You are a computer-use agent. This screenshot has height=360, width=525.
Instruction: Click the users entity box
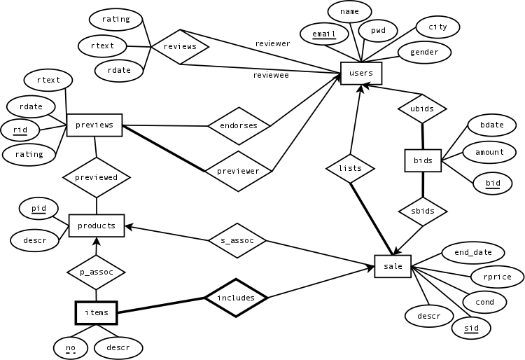coord(361,74)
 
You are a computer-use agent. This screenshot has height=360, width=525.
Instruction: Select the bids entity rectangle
coord(423,160)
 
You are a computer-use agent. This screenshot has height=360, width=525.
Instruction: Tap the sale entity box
coord(393,267)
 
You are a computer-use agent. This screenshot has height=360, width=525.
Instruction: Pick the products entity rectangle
coord(97,226)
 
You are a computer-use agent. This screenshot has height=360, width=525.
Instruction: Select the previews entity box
coord(94,125)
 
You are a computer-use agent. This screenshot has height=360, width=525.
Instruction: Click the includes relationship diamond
coord(236,298)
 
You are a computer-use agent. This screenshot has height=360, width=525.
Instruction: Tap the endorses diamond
coord(239,126)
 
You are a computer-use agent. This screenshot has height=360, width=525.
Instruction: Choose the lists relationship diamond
coord(350,168)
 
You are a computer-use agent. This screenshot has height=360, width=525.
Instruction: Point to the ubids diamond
coord(422,109)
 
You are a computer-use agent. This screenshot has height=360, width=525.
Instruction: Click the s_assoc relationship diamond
coord(237,240)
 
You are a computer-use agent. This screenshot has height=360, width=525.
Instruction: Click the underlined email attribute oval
coord(324,34)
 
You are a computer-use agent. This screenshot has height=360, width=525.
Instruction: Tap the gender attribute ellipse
coord(424,52)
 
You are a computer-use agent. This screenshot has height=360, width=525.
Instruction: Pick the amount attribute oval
coord(489,152)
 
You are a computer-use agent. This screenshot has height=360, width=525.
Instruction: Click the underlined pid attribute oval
coord(38,209)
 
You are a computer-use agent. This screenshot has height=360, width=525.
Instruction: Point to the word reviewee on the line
coord(270,75)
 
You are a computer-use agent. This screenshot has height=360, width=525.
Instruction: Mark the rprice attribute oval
coord(497,277)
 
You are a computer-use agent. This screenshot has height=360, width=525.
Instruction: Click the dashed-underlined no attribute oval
coord(70,347)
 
